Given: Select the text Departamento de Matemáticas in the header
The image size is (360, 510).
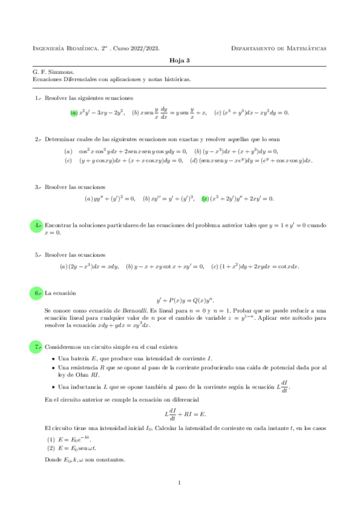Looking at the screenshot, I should [x=279, y=48].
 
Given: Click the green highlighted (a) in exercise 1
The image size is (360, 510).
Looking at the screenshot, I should [x=74, y=112].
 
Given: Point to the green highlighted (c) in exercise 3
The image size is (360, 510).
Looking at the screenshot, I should [x=206, y=198].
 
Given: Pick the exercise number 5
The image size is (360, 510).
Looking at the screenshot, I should [x=38, y=254].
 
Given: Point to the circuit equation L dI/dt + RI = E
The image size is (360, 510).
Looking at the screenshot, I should [x=185, y=414].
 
